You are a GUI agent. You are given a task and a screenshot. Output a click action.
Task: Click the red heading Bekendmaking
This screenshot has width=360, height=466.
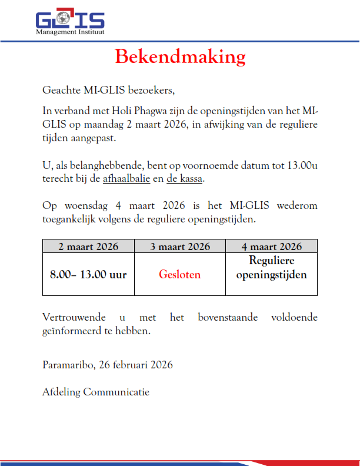pyautogui.click(x=180, y=56)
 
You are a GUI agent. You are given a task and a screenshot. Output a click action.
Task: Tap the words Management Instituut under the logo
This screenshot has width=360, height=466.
pyautogui.click(x=70, y=32)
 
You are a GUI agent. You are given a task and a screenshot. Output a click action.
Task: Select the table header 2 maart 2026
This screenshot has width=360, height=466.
pyautogui.click(x=88, y=246)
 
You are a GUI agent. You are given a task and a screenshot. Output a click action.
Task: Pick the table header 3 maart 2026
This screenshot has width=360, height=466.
pyautogui.click(x=180, y=246)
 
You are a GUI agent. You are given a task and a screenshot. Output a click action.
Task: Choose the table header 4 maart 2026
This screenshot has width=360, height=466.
pyautogui.click(x=271, y=246)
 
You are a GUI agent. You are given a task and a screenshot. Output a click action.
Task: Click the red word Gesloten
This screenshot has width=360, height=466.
pyautogui.click(x=180, y=274)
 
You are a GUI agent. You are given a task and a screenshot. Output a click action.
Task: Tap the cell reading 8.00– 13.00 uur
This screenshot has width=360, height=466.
pyautogui.click(x=88, y=274)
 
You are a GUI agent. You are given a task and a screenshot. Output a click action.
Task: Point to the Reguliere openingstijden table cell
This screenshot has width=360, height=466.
pyautogui.click(x=271, y=268)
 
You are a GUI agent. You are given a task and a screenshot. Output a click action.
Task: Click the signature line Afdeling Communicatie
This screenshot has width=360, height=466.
pyautogui.click(x=96, y=391)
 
